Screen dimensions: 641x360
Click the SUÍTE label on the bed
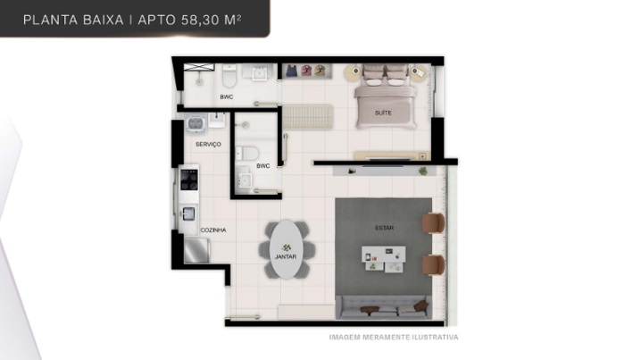pos(383,113)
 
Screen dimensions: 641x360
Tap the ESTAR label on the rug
pos(384,228)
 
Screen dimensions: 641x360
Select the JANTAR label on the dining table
pos(286,256)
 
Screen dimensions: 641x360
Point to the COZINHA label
pos(213,230)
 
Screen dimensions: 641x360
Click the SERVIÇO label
pos(208,144)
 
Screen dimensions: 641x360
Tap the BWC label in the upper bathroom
pos(227,97)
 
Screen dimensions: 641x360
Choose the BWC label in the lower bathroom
pos(262,165)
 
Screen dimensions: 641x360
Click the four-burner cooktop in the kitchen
pos(189,180)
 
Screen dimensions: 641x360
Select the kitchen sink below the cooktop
pos(188,213)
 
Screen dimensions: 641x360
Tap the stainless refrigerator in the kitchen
pos(196,251)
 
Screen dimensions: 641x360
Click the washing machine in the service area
pos(196,123)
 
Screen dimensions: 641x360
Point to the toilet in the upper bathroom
pos(229,76)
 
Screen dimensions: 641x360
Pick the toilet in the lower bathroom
pos(247,154)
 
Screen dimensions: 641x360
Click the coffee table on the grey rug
pos(384,259)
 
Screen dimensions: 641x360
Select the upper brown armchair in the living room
pos(433,223)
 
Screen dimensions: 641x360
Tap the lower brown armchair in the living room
pos(433,265)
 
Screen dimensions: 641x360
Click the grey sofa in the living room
pos(383,307)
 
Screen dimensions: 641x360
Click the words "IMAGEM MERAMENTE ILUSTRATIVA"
pos(394,337)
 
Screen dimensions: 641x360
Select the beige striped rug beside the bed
pos(307,117)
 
